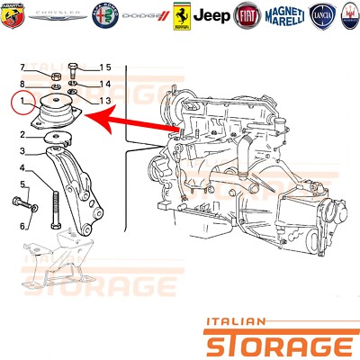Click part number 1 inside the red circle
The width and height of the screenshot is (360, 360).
[x=22, y=106]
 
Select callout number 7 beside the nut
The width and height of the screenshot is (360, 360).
[x=22, y=68]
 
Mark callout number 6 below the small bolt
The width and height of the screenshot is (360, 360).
[x=23, y=226]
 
